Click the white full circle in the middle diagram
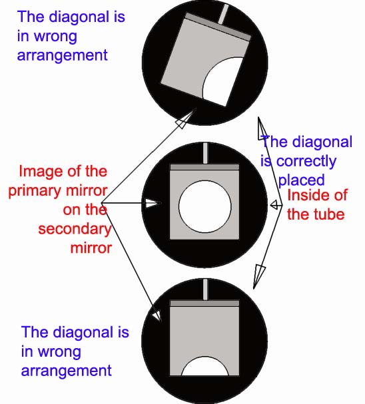coord(205,206)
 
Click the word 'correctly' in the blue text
coord(306,162)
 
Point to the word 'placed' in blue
coord(301,180)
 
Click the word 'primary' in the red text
coord(35,191)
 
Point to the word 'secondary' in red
coord(75,230)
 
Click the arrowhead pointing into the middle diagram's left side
coord(152,203)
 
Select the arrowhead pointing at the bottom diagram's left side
coord(157,315)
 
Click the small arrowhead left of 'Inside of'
coord(275,205)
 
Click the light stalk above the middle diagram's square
coord(205,154)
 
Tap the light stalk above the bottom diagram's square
coord(205,290)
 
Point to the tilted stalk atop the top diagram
coord(223,15)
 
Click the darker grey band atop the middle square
coord(204,167)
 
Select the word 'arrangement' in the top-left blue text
coord(62,56)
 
